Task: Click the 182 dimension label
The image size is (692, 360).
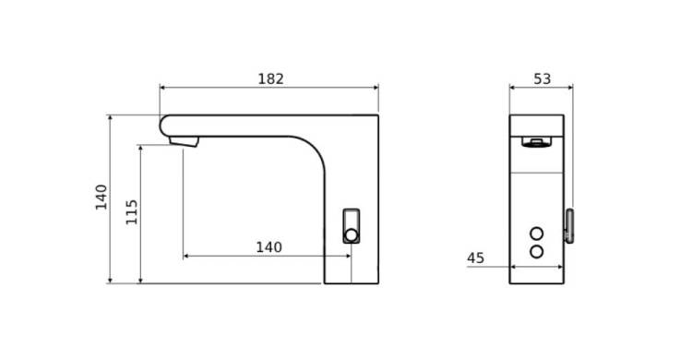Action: pos(270,79)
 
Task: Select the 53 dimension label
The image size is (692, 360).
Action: pos(543,79)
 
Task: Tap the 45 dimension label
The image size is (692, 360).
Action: pos(475,258)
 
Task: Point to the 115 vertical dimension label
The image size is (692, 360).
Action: pos(132,212)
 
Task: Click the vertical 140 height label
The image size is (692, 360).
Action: pos(101,197)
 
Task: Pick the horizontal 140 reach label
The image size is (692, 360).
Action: pos(268,246)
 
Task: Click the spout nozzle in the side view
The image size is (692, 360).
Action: pos(184,141)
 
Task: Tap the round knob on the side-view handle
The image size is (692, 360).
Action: pos(352,235)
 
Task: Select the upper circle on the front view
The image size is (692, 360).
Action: pos(537,234)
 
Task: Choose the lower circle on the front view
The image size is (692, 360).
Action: pos(537,252)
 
